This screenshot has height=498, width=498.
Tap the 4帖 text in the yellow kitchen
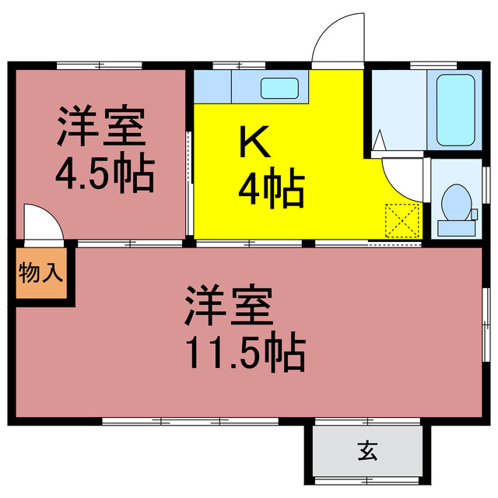270,189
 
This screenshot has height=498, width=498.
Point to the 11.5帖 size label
244,352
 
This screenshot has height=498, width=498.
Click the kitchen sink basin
276,88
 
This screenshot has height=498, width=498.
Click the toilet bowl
453,203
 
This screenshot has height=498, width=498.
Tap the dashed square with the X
403,220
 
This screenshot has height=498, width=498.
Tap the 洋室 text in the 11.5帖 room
229,306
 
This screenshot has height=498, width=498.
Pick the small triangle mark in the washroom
379,141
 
